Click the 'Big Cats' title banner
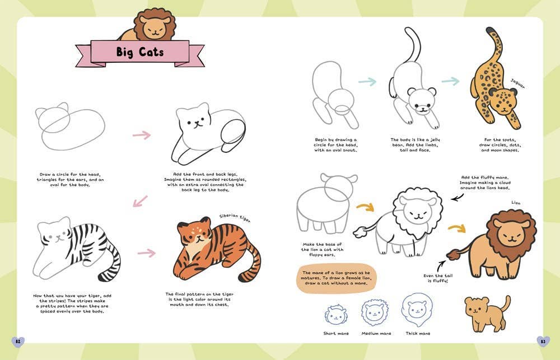(x=139, y=53)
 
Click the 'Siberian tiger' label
(x=235, y=217)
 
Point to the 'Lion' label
(x=516, y=203)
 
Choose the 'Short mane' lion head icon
(x=336, y=315)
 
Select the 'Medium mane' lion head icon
(x=375, y=312)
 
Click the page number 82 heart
(x=17, y=341)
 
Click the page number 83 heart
(x=543, y=341)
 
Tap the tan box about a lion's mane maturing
(x=335, y=278)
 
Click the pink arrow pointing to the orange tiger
(x=146, y=253)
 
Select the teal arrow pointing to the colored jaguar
(x=450, y=81)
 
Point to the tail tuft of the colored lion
(x=451, y=255)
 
